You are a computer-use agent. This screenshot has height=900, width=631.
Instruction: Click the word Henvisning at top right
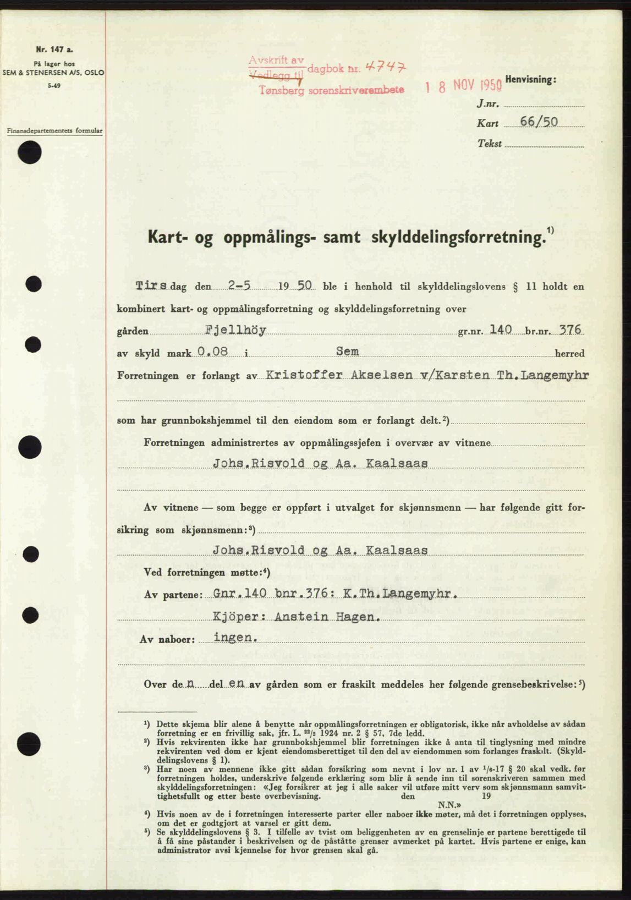(x=530, y=80)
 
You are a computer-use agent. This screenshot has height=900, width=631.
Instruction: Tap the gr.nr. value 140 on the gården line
(x=500, y=330)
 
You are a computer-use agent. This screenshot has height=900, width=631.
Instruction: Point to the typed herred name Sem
(x=347, y=351)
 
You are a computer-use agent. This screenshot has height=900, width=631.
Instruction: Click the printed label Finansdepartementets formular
(x=54, y=131)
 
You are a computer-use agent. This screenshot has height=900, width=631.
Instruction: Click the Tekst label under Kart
(x=490, y=144)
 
